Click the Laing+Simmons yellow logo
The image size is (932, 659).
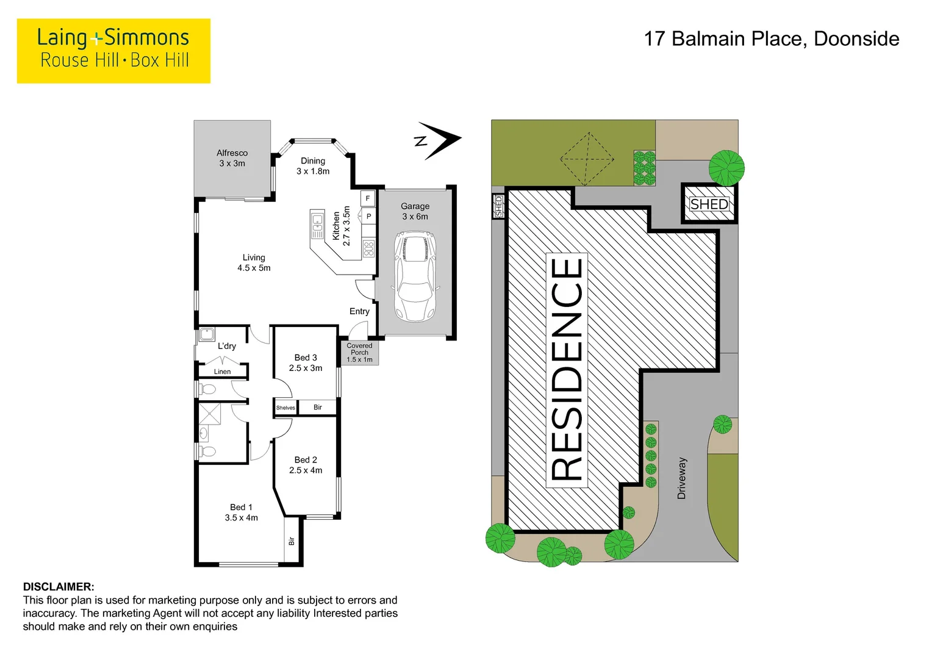coord(113,51)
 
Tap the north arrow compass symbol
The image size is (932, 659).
coord(439,140)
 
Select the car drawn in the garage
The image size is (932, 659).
coord(415,276)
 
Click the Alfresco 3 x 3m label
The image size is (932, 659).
coord(232,158)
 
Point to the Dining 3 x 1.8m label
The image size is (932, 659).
coord(313,166)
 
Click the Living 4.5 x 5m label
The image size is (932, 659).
coord(254,262)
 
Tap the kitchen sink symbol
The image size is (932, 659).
coord(317,225)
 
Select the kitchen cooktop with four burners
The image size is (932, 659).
coord(368,248)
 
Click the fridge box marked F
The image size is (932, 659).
coord(367,198)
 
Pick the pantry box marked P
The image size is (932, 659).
coord(368,216)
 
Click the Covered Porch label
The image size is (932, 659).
coord(359,352)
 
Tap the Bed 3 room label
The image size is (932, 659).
coord(306,362)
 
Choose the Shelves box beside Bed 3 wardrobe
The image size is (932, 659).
coord(285,408)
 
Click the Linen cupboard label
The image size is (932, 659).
coord(222,372)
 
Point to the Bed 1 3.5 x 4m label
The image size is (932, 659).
coord(241,512)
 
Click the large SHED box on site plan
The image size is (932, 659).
coord(709,204)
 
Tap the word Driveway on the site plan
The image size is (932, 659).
coord(682,478)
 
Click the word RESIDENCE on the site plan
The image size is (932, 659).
coord(567,369)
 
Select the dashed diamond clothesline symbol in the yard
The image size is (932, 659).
coord(587,159)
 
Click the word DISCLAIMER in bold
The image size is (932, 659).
coord(59,587)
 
